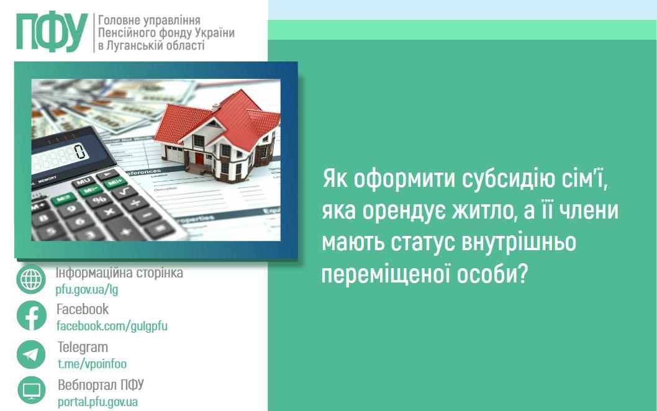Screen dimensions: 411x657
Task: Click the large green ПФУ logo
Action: (52, 32)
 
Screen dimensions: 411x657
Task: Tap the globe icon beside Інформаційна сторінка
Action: (31, 279)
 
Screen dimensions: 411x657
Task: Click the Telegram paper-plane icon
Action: (31, 355)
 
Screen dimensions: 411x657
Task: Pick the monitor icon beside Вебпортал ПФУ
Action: (31, 391)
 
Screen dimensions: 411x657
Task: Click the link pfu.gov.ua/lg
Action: (86, 289)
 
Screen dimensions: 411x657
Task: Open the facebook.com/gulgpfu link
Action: (112, 326)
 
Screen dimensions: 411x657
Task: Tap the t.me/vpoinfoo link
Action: (92, 364)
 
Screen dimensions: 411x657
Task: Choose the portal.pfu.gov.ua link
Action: (97, 402)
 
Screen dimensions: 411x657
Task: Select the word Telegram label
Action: (83, 347)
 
